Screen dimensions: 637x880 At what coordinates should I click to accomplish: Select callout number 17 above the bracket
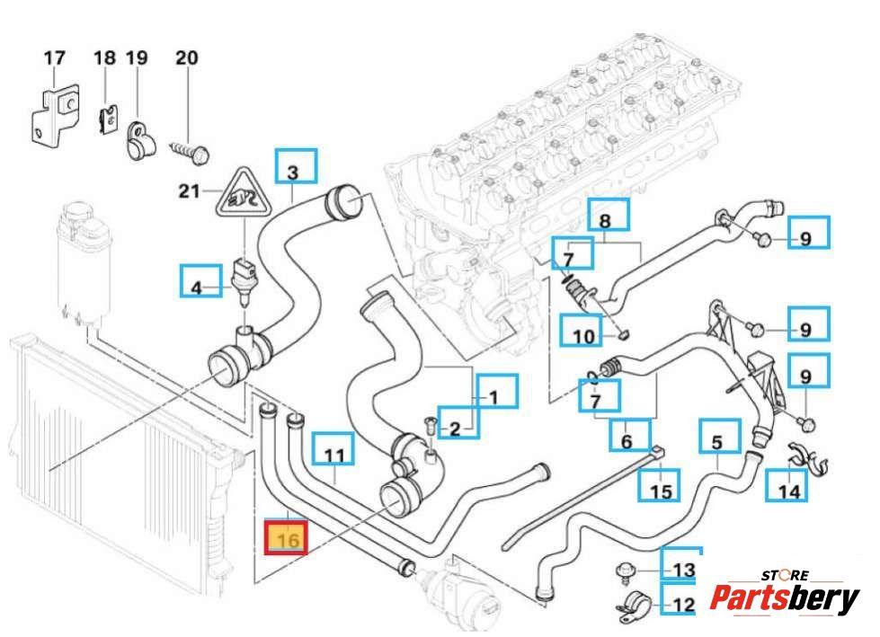point(55,58)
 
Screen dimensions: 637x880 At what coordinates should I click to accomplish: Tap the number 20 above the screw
point(186,58)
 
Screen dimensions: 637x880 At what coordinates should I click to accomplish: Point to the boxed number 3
point(291,171)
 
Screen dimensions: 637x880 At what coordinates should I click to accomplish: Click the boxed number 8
point(605,221)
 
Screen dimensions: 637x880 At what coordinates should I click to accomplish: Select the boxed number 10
point(583,337)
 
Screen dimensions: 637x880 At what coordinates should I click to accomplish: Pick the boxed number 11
point(333,456)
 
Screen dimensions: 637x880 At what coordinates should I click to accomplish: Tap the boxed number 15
point(661,491)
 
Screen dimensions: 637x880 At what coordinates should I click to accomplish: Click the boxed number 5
point(717,442)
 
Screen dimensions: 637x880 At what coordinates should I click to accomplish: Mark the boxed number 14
point(788,491)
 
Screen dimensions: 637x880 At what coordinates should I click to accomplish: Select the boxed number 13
point(683,570)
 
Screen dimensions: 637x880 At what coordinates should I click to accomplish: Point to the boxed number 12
point(683,605)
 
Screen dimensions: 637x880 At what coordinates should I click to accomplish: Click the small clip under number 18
point(107,117)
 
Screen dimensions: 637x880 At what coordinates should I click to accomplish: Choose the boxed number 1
point(497,394)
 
